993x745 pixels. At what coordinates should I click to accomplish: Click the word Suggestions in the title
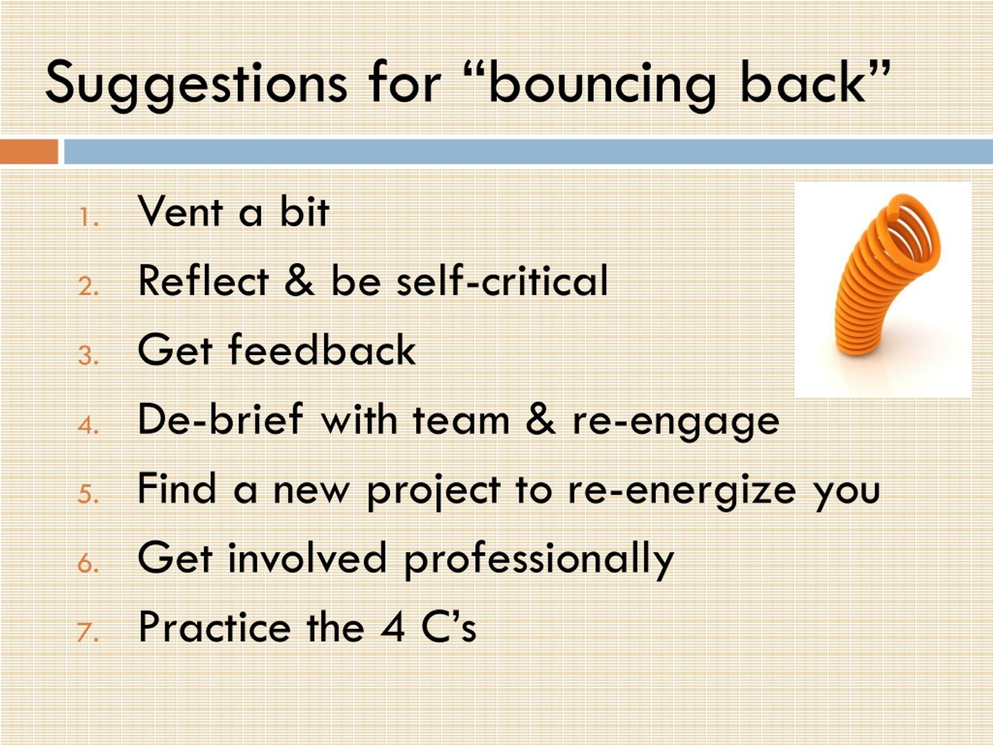pyautogui.click(x=196, y=85)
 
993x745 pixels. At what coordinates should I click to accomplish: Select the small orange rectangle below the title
pyautogui.click(x=29, y=152)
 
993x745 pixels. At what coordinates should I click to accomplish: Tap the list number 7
pyautogui.click(x=88, y=633)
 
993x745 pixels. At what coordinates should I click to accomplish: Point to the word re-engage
pyautogui.click(x=676, y=423)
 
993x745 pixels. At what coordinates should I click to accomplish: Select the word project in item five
pyautogui.click(x=434, y=491)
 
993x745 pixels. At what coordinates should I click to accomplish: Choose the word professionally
pyautogui.click(x=539, y=559)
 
